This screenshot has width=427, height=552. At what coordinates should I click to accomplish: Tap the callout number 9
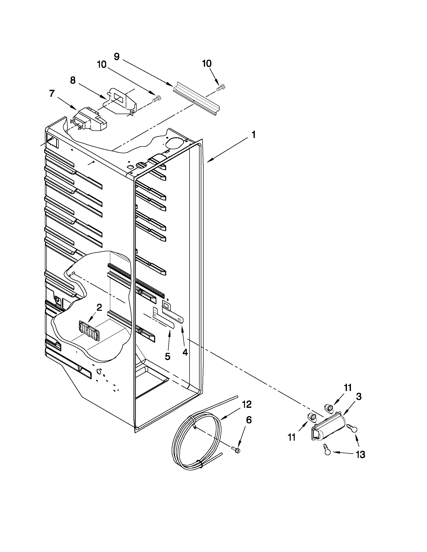[x=117, y=57]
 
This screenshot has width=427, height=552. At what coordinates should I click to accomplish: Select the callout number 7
[x=52, y=94]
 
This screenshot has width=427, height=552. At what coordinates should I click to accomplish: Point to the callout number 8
[x=73, y=81]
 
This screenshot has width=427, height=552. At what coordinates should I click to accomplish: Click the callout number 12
[x=247, y=405]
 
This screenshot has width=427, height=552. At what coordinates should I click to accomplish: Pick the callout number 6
[x=249, y=420]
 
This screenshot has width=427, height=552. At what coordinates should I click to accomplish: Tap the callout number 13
[x=360, y=455]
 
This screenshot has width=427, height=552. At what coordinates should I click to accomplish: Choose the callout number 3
[x=359, y=397]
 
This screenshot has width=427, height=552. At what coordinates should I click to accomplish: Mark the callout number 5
[x=167, y=357]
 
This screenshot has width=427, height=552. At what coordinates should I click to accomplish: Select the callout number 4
[x=185, y=352]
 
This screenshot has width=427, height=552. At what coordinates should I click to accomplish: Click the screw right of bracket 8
[x=157, y=98]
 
